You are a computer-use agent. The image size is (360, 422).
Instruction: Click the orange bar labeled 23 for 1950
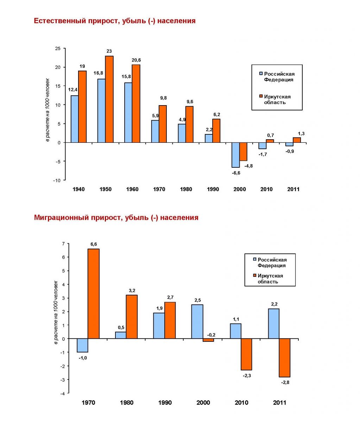click(x=109, y=99)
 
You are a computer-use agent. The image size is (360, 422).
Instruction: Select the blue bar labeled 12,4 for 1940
click(x=75, y=119)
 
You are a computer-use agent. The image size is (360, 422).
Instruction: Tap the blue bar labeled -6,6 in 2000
click(x=235, y=155)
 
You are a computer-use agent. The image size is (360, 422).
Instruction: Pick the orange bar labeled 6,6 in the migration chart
click(x=94, y=294)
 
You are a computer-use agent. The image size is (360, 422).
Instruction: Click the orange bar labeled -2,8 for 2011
click(x=285, y=358)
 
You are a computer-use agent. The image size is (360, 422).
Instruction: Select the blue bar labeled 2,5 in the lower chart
click(x=197, y=322)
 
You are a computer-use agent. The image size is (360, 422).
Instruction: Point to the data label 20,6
click(x=136, y=60)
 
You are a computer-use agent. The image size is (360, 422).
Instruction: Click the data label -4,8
click(x=248, y=166)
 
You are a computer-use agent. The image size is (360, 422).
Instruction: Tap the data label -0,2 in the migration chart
click(x=211, y=335)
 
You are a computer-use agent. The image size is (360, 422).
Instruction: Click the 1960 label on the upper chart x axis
click(x=132, y=189)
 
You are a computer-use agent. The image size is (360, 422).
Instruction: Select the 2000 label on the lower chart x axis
click(x=203, y=403)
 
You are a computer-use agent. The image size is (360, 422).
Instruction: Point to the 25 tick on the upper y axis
click(x=58, y=49)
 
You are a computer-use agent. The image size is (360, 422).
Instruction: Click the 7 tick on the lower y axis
click(x=63, y=244)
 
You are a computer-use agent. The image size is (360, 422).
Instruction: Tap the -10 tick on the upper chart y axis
click(x=57, y=180)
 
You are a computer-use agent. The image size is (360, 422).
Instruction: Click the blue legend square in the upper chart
click(x=261, y=73)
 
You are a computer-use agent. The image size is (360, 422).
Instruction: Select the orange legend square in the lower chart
click(x=254, y=275)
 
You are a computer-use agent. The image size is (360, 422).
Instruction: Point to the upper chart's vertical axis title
click(x=48, y=110)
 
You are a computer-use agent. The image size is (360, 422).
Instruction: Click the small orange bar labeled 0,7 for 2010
click(x=270, y=141)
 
